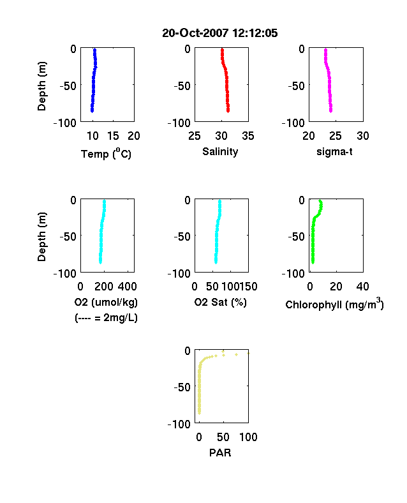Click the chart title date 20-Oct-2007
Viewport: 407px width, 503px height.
coord(195,33)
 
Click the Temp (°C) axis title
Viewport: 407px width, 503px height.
coord(106,154)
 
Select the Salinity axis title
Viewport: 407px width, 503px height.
coord(220,152)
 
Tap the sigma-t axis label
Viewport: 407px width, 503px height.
coord(334,151)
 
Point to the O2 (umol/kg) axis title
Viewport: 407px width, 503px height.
coord(106,302)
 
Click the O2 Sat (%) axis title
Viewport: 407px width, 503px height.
coord(221,302)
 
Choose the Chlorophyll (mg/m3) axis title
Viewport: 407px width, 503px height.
coord(334,304)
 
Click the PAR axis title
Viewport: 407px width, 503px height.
coord(220,453)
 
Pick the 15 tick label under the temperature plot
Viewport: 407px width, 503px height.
coord(113,136)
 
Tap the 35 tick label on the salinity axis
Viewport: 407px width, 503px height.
coord(248,136)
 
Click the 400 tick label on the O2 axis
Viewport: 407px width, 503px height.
coord(127,287)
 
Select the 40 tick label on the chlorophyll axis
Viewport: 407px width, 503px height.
coord(362,287)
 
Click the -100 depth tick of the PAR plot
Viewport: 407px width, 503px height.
coord(179,424)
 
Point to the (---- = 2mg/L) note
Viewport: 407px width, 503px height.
coord(106,318)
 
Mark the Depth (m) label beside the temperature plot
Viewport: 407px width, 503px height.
coord(41,86)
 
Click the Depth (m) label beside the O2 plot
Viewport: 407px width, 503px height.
coord(41,237)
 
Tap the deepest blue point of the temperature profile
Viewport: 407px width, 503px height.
coord(92,110)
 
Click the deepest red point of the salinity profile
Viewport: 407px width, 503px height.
coord(228,110)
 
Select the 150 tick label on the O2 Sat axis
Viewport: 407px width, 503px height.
coord(248,287)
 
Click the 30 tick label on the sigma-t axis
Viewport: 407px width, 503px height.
coord(363,136)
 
